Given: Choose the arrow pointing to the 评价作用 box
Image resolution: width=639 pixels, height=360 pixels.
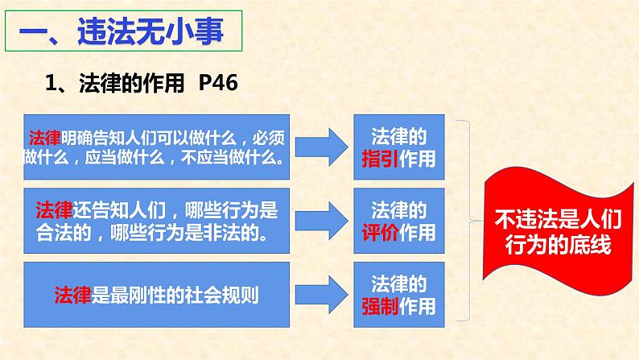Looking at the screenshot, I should tap(326, 217).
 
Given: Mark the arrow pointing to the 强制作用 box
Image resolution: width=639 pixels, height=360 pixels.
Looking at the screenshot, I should tap(326, 292).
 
